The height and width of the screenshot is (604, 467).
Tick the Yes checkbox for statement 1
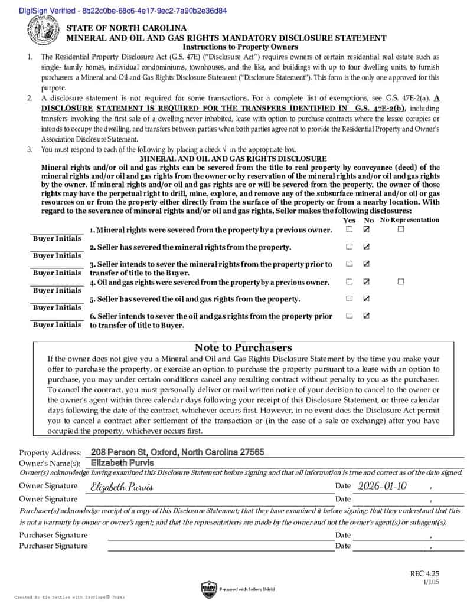tap(350, 229)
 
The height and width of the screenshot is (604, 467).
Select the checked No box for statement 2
tap(367, 247)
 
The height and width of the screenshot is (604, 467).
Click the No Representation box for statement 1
tap(401, 229)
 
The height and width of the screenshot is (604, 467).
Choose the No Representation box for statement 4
tap(401, 281)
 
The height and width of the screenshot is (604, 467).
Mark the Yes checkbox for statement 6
tap(350, 316)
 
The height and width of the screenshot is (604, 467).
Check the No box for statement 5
tap(367, 298)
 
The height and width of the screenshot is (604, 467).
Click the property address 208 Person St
tap(177, 452)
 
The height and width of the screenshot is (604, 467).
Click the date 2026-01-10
tap(382, 486)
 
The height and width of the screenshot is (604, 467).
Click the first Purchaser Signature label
tap(53, 535)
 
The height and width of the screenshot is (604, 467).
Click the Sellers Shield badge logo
tap(209, 589)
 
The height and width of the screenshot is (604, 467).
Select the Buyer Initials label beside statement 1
tap(57, 238)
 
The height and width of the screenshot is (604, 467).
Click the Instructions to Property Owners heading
tap(240, 47)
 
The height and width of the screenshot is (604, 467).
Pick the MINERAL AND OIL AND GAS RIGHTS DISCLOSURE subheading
tap(233, 159)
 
